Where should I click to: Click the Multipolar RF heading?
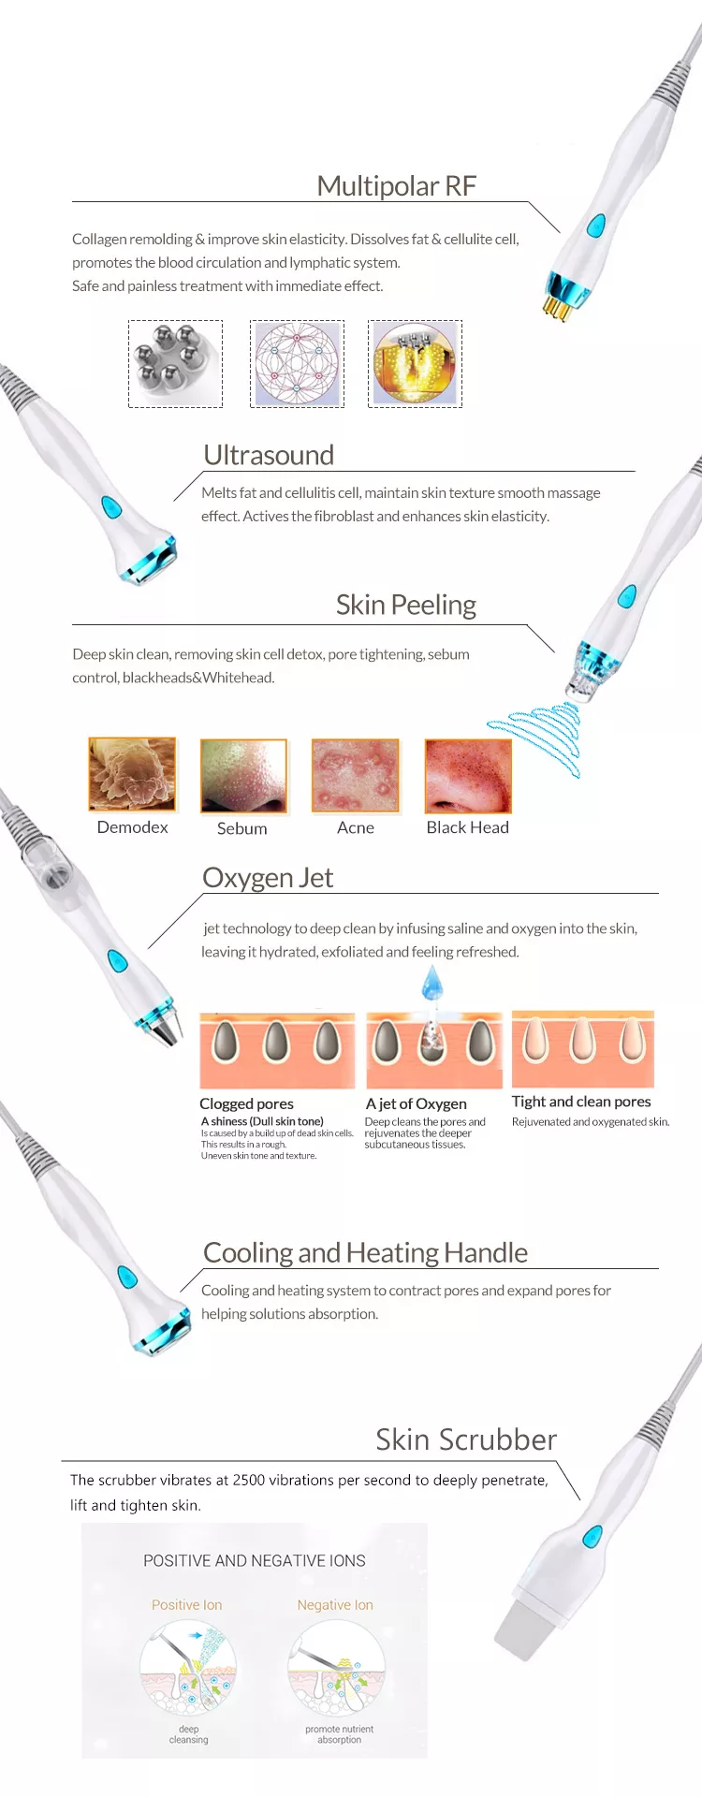(396, 185)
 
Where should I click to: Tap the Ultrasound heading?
(269, 455)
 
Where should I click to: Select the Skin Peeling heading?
(405, 605)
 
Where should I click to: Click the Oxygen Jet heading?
(268, 878)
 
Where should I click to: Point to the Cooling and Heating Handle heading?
(365, 1252)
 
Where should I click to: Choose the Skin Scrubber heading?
(465, 1439)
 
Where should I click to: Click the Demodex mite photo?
(132, 774)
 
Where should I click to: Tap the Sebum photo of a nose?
(243, 776)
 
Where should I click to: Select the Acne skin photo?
(356, 776)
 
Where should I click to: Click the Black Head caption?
(467, 827)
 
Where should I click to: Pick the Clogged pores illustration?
(277, 1049)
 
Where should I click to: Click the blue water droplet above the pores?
(431, 984)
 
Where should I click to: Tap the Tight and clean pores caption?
(581, 1102)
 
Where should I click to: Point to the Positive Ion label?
(187, 1605)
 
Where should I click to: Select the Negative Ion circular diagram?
(337, 1669)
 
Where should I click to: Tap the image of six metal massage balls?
(175, 363)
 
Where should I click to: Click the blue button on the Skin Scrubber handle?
(592, 1536)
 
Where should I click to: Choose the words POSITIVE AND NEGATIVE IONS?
(255, 1561)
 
